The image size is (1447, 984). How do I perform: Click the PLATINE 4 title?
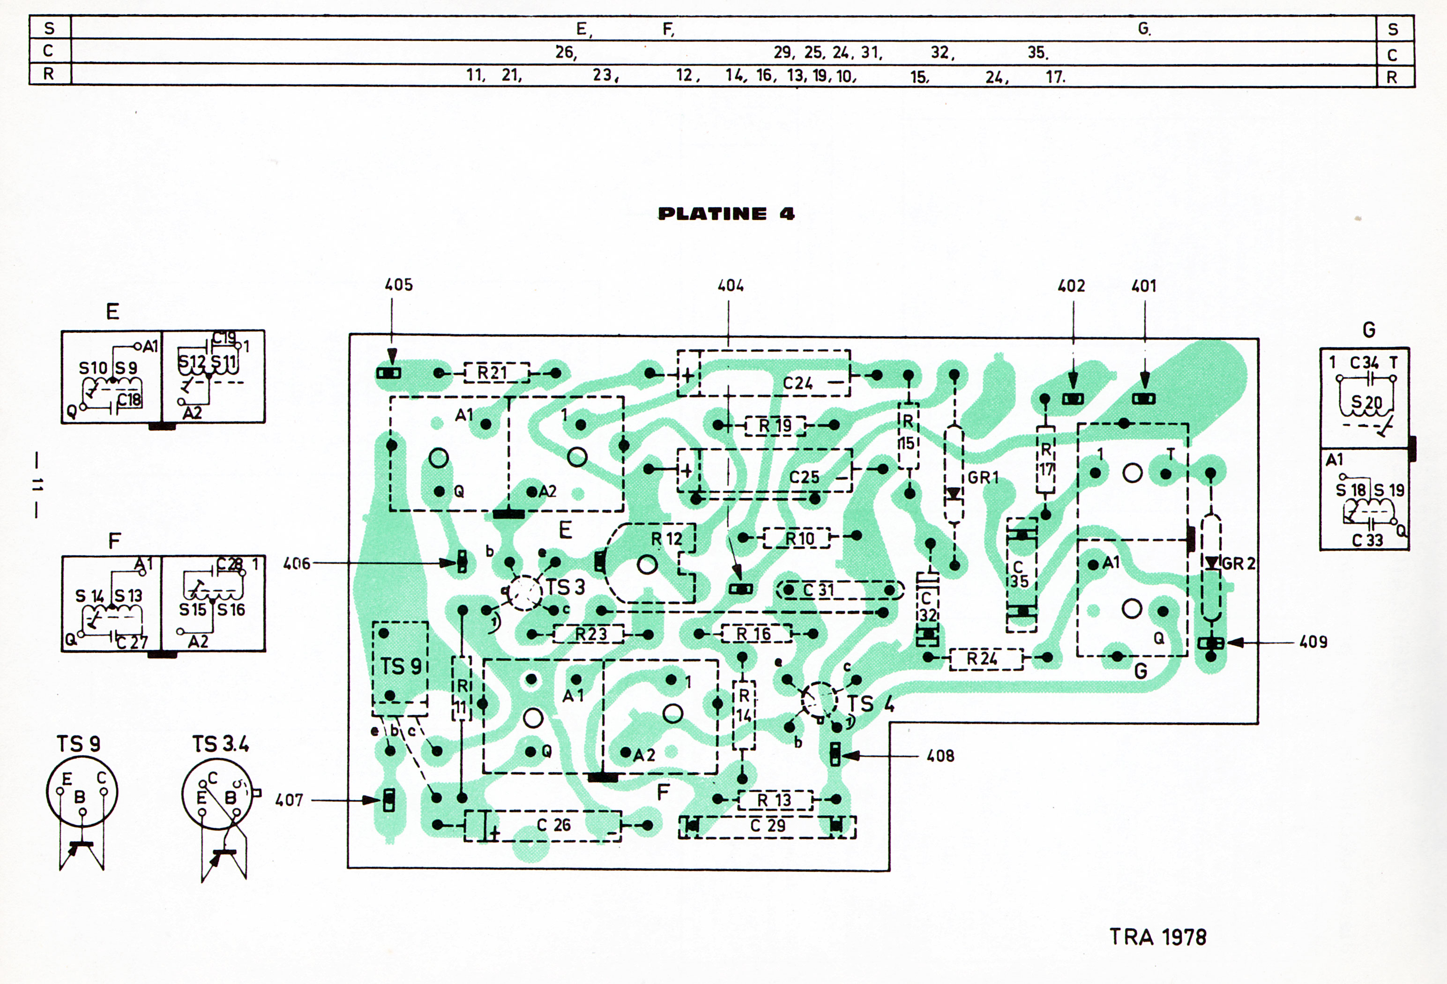point(726,214)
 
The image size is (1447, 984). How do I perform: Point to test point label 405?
point(398,284)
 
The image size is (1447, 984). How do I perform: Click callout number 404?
point(731,286)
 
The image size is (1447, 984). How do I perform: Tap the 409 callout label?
point(1313,642)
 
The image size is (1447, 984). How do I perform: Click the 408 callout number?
point(940,756)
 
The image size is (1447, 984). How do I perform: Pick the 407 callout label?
point(290,800)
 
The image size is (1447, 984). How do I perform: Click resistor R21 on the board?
point(497,373)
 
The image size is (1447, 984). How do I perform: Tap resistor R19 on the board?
point(775,426)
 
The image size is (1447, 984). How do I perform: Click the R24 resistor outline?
point(985,658)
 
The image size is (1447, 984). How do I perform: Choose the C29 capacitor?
point(767,827)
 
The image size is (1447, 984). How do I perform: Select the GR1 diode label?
point(983,477)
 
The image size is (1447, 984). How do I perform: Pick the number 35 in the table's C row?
point(1037,53)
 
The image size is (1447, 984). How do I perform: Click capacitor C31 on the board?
point(839,590)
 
